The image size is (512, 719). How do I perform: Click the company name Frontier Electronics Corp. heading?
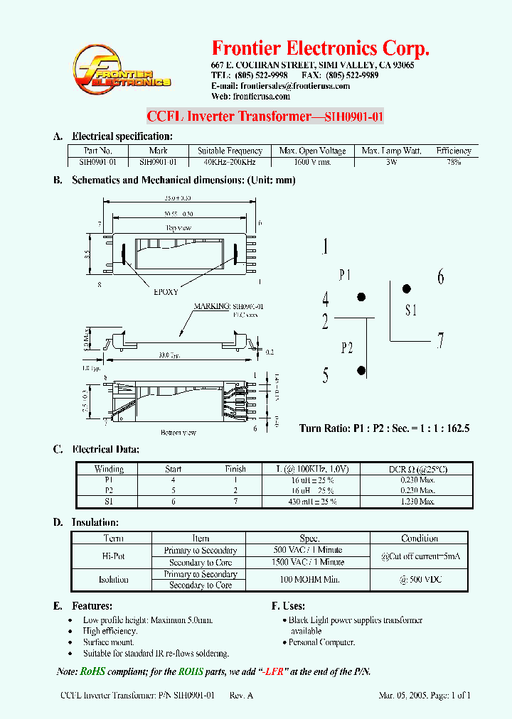(x=321, y=48)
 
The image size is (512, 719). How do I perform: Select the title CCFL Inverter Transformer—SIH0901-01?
(x=265, y=117)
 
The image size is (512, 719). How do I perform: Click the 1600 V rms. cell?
(x=313, y=162)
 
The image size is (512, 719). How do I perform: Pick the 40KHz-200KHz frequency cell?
(x=230, y=162)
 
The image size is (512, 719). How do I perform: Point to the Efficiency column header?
(x=454, y=151)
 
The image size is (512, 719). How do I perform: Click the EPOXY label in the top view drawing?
(x=166, y=291)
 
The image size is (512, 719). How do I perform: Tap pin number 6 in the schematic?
(x=440, y=277)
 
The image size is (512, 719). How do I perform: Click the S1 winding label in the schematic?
(x=412, y=310)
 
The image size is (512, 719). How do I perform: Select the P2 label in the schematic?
(x=346, y=347)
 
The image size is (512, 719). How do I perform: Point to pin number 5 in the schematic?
(x=326, y=375)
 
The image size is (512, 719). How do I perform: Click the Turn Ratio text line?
(x=384, y=428)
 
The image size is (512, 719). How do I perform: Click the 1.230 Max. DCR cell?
(x=417, y=502)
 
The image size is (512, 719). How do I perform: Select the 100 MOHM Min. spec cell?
(x=309, y=580)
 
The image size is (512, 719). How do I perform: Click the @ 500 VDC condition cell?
(x=419, y=580)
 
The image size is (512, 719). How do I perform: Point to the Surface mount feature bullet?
(x=107, y=642)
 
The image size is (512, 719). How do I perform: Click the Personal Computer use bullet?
(x=321, y=642)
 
